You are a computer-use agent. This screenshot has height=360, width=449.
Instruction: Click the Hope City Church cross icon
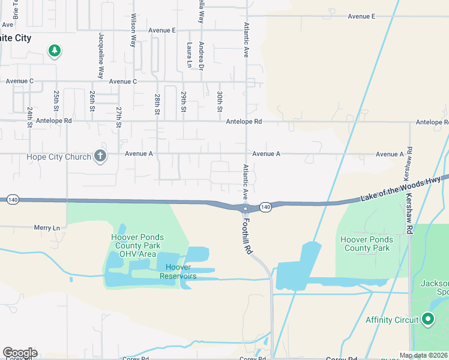pos(100,157)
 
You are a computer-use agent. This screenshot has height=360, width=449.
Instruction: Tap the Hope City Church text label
pos(59,157)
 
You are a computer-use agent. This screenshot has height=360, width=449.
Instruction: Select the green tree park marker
pos(55,50)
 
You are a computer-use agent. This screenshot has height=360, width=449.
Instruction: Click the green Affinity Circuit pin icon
pos(427,319)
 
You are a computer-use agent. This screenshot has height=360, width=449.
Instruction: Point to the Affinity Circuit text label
pos(391,320)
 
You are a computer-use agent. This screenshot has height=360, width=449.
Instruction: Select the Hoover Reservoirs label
pos(178,271)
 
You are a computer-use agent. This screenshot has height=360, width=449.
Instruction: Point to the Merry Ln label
pos(47,228)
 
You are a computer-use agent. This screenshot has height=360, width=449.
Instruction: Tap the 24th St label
pos(29,118)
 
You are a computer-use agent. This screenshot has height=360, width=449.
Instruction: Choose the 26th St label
pos(92,101)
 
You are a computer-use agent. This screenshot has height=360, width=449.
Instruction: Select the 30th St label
pos(220,101)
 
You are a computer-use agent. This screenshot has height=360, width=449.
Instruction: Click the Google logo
pos(20,353)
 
